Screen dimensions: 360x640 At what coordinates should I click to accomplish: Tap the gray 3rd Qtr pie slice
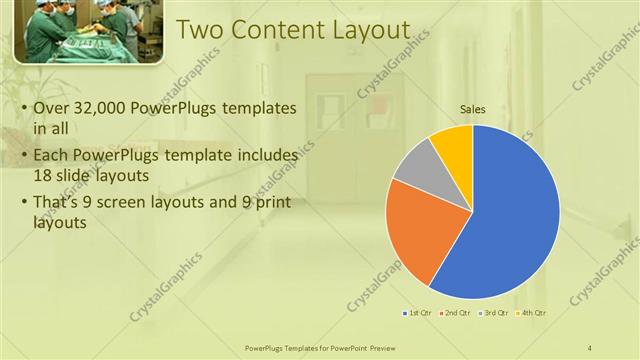pos(418,177)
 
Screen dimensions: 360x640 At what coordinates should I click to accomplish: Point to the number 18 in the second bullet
pos(46,175)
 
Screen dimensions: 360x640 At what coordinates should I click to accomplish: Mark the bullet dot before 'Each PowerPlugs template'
pos(24,157)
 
